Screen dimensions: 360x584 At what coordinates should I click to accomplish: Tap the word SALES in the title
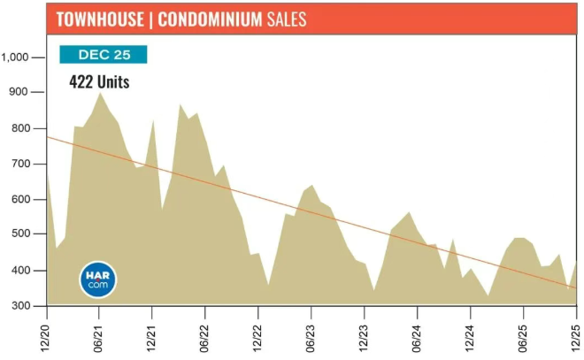coord(286,19)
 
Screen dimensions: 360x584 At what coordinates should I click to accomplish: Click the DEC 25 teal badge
coord(103,55)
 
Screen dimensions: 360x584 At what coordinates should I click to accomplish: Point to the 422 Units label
coord(99,82)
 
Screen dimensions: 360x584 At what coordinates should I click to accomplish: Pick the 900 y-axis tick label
coord(20,93)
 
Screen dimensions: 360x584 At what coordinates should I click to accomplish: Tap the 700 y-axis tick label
coord(20,165)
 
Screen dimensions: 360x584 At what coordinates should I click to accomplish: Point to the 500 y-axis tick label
coord(20,235)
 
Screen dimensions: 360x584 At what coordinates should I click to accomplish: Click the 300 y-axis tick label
coord(20,306)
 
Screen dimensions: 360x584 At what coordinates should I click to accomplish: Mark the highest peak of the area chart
coord(99,93)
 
